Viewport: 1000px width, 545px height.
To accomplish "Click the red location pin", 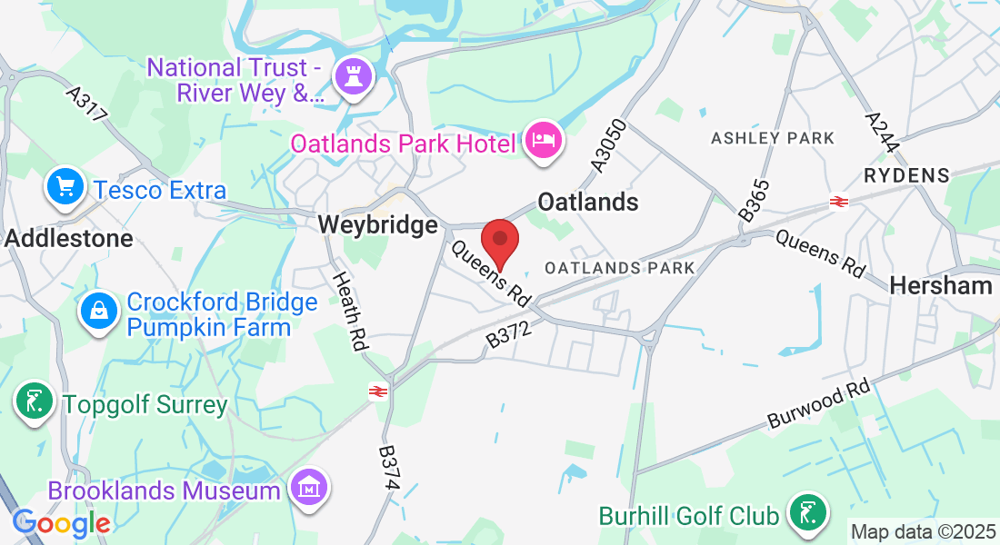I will (499, 241).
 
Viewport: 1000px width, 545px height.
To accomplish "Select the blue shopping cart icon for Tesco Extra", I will (66, 187).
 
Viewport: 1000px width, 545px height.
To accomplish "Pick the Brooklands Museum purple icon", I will (309, 489).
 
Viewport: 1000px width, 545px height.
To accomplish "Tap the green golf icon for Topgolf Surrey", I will (34, 402).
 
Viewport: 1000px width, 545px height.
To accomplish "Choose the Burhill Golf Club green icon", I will (806, 513).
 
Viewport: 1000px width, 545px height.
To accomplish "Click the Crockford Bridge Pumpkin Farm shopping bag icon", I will (99, 312).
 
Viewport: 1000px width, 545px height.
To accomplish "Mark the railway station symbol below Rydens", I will (838, 202).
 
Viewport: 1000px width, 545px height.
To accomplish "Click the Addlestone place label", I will (69, 239).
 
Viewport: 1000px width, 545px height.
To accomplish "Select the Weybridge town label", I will (377, 224).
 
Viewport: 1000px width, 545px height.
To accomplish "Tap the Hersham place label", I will (941, 285).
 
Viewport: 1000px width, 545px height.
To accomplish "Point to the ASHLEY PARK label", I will (773, 138).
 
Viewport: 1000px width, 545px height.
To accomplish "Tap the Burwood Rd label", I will (819, 405).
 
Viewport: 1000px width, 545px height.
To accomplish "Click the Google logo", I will (61, 523).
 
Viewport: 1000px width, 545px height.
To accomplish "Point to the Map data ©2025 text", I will (923, 530).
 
